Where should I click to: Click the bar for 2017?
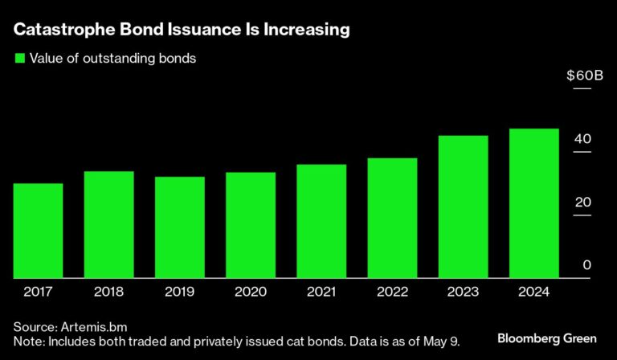pyautogui.click(x=38, y=231)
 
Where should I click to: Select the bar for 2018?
pyautogui.click(x=108, y=225)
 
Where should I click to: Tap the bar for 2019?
pyautogui.click(x=179, y=227)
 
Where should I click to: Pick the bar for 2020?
pyautogui.click(x=250, y=225)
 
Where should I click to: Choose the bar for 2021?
pyautogui.click(x=321, y=221)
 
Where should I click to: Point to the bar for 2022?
pyautogui.click(x=392, y=218)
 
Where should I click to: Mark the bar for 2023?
pyautogui.click(x=463, y=207)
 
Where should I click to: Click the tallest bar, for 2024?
pyautogui.click(x=533, y=203)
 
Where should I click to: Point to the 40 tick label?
pyautogui.click(x=582, y=139)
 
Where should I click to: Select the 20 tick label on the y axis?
pyautogui.click(x=582, y=202)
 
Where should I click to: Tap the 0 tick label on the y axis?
pyautogui.click(x=586, y=266)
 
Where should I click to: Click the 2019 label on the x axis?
pyautogui.click(x=179, y=292)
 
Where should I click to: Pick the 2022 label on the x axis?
pyautogui.click(x=392, y=292)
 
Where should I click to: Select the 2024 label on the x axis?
pyautogui.click(x=533, y=292)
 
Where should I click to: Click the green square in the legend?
pyautogui.click(x=18, y=58)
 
